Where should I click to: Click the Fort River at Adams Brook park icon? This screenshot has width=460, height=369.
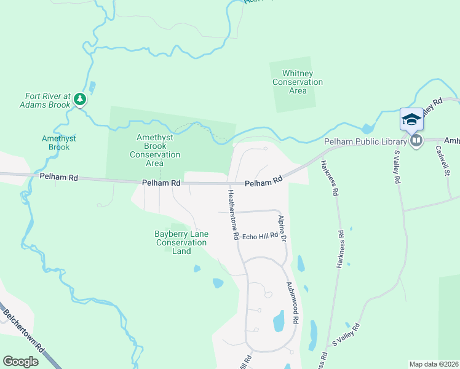80,98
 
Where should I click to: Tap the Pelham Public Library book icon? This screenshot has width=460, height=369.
416,141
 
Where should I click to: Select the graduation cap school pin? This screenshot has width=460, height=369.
411,119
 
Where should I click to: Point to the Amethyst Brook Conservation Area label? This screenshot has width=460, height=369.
155,151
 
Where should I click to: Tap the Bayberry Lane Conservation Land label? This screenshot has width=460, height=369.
181,242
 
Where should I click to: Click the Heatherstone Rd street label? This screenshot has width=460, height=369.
233,214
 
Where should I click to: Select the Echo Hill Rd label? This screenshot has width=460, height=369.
260,236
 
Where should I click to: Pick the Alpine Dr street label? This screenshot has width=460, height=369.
283,228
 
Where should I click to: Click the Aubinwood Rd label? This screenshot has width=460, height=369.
293,303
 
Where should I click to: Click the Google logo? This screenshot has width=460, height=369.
21,362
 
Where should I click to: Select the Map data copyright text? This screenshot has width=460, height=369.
434,363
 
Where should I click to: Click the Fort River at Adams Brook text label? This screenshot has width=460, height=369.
49,100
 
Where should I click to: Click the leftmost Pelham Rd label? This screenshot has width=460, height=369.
58,177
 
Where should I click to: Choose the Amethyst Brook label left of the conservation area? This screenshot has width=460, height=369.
59,143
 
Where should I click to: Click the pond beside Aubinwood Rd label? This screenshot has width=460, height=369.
279,320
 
